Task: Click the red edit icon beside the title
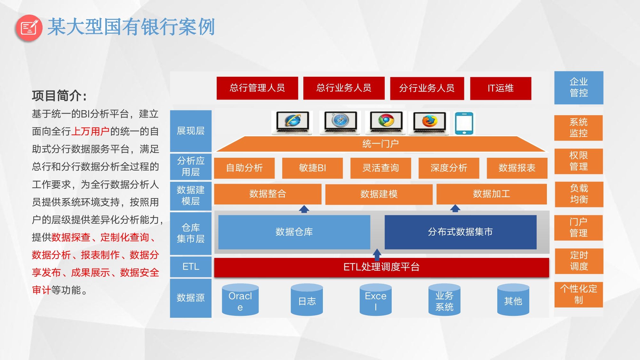point(29,28)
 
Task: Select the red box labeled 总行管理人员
point(257,88)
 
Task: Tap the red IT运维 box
point(500,88)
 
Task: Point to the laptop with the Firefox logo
point(429,122)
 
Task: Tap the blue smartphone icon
point(464,123)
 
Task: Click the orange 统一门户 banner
point(380,144)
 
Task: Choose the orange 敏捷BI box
point(312,168)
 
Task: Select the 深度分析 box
point(449,168)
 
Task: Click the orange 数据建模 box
point(379,194)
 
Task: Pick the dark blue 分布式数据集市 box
point(460,232)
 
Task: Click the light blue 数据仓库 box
point(294,232)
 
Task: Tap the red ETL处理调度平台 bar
point(381,267)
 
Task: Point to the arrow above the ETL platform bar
point(377,254)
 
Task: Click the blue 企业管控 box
point(579,88)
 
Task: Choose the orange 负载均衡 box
point(579,194)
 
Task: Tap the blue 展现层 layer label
point(191,131)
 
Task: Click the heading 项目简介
point(59,96)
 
